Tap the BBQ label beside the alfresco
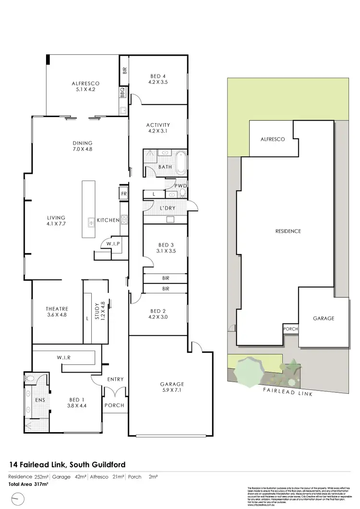pos(123,91)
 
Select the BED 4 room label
pos(158,76)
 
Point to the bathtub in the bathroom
pos(181,163)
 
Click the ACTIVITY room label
pos(158,125)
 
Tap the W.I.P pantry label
pos(113,243)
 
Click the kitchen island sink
pos(90,222)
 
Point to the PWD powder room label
pos(181,186)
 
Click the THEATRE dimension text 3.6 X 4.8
pos(57,315)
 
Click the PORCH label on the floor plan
pos(114,405)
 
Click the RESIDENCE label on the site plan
pos(288,231)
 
